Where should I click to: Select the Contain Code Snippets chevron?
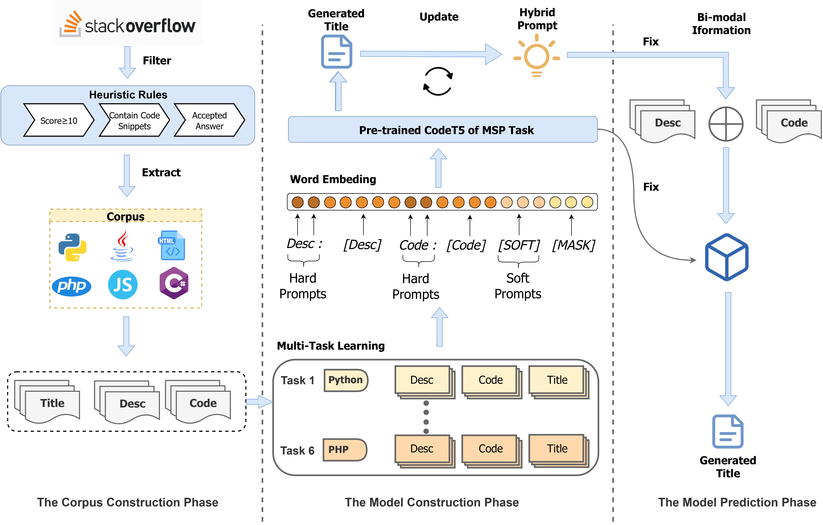point(134,120)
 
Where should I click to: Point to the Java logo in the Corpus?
point(122,246)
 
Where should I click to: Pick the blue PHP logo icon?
point(71,286)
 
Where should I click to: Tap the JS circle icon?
point(123,285)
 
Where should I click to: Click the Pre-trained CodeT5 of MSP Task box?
point(443,130)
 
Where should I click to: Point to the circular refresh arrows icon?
point(438,81)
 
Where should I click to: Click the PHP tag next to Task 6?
point(345,449)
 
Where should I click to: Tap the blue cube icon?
point(727,257)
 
